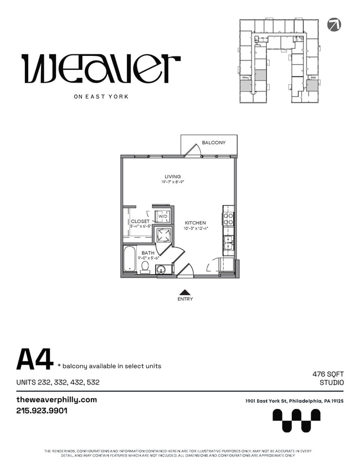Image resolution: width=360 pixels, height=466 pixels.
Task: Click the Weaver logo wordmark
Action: (101, 68)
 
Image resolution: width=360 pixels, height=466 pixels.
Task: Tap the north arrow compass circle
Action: (334, 24)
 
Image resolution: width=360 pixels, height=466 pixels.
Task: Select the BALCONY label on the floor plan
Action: (213, 143)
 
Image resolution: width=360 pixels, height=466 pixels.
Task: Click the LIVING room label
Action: (172, 177)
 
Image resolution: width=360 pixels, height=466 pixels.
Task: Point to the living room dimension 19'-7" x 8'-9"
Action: (172, 182)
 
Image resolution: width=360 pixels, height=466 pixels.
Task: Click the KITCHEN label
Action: (195, 223)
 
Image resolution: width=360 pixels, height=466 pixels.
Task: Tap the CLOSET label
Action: (140, 221)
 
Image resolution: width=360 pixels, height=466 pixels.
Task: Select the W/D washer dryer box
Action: (163, 216)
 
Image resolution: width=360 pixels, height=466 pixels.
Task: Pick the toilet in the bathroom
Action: (145, 267)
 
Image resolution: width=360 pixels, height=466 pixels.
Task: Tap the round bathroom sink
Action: (161, 270)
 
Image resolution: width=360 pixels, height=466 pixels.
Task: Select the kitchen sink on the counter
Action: (228, 242)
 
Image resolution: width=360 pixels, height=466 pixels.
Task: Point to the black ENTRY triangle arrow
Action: (185, 291)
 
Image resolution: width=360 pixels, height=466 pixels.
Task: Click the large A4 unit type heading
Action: (34, 359)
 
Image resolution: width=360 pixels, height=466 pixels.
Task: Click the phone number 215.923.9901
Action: (42, 411)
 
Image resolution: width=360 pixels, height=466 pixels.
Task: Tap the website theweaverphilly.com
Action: (56, 400)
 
